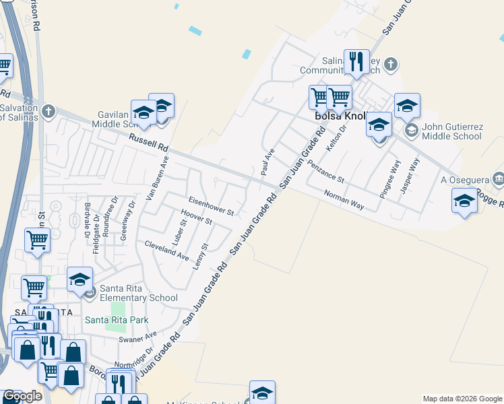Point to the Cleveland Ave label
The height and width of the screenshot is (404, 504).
(x=167, y=250)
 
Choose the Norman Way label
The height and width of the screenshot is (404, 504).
(x=344, y=200)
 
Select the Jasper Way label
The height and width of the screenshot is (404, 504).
(x=410, y=176)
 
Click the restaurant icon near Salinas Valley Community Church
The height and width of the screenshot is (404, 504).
(x=356, y=62)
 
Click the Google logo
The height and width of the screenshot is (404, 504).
(x=22, y=396)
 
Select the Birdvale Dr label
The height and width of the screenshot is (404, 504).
(x=88, y=220)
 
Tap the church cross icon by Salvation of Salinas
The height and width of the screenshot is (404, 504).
(x=48, y=110)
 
